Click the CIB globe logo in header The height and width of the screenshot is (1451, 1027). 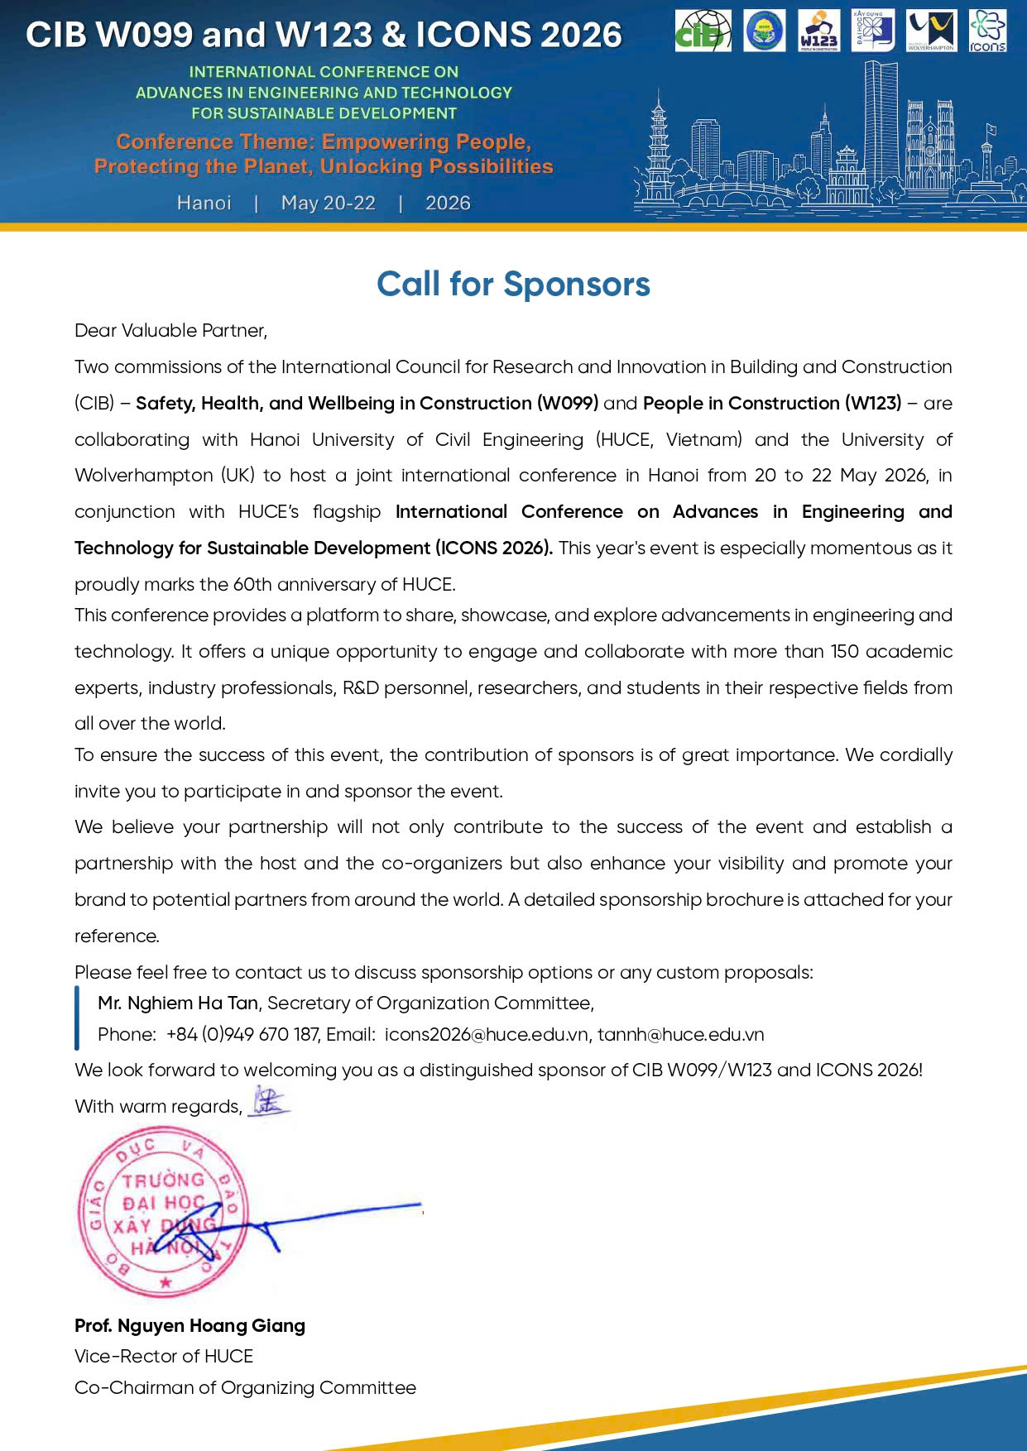coord(703,31)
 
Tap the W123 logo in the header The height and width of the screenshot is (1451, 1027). coord(818,31)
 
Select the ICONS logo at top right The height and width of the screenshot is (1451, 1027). coord(987,31)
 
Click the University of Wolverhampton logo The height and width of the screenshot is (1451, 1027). coord(931,31)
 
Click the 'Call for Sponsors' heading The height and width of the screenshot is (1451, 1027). coord(513,284)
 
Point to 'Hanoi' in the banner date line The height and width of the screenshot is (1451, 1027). coord(204,203)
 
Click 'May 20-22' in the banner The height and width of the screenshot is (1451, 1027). coord(328,203)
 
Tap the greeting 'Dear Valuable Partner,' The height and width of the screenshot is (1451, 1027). coord(170,330)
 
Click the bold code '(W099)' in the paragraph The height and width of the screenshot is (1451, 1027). coord(567,403)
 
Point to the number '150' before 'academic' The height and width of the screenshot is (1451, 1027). coord(845,651)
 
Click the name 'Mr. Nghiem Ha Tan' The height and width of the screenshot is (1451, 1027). coord(178,1003)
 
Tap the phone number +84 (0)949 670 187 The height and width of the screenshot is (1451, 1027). coord(242,1034)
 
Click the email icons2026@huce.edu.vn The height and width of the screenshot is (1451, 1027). coord(487,1034)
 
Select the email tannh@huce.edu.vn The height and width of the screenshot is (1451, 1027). coord(680,1034)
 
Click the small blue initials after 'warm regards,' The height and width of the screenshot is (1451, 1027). coord(268,1101)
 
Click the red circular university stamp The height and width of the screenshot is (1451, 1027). coord(163,1212)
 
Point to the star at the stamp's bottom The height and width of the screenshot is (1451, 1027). coord(166,1283)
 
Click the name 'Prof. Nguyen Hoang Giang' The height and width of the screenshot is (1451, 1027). coord(190,1325)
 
